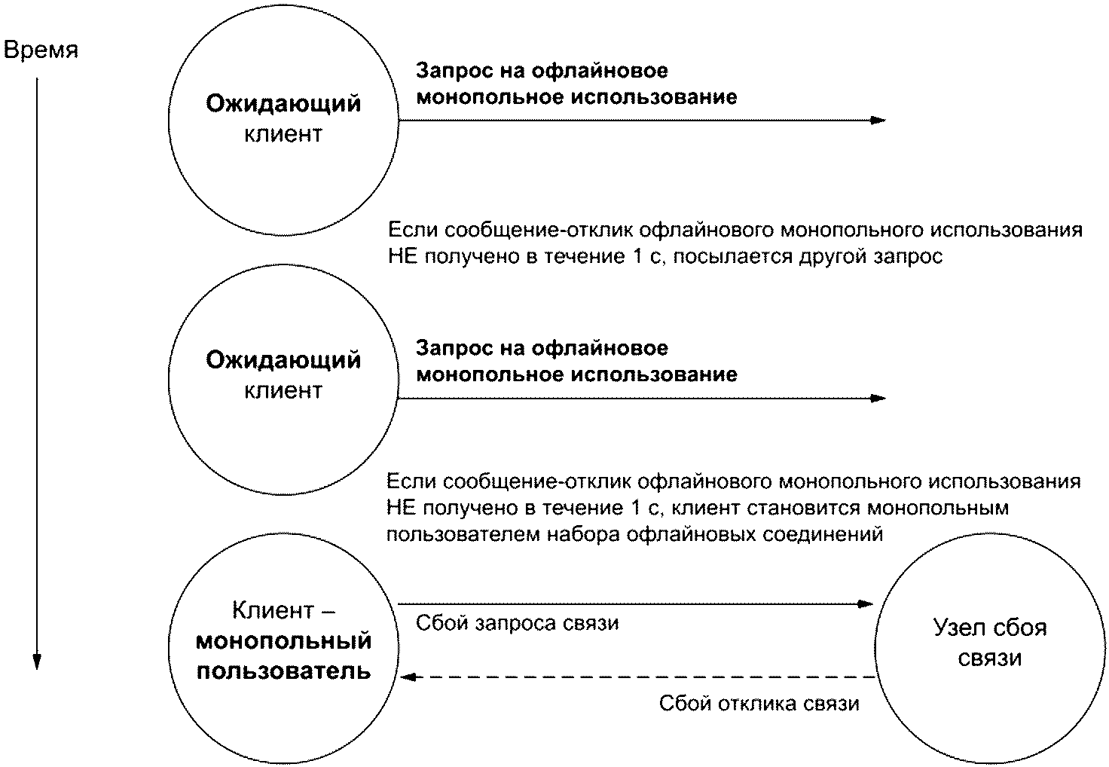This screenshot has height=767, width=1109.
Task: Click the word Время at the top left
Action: click(x=41, y=50)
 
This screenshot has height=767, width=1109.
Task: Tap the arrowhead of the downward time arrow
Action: click(x=36, y=661)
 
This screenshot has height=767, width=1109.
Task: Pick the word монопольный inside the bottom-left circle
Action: click(x=284, y=641)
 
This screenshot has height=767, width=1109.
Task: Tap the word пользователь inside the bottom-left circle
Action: click(x=284, y=671)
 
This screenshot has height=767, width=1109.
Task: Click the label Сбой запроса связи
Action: click(x=517, y=623)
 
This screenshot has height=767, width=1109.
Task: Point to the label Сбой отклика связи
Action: click(x=759, y=704)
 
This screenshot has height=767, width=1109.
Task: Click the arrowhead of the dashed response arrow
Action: click(x=408, y=677)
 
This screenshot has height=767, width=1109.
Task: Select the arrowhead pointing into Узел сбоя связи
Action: click(x=866, y=603)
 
